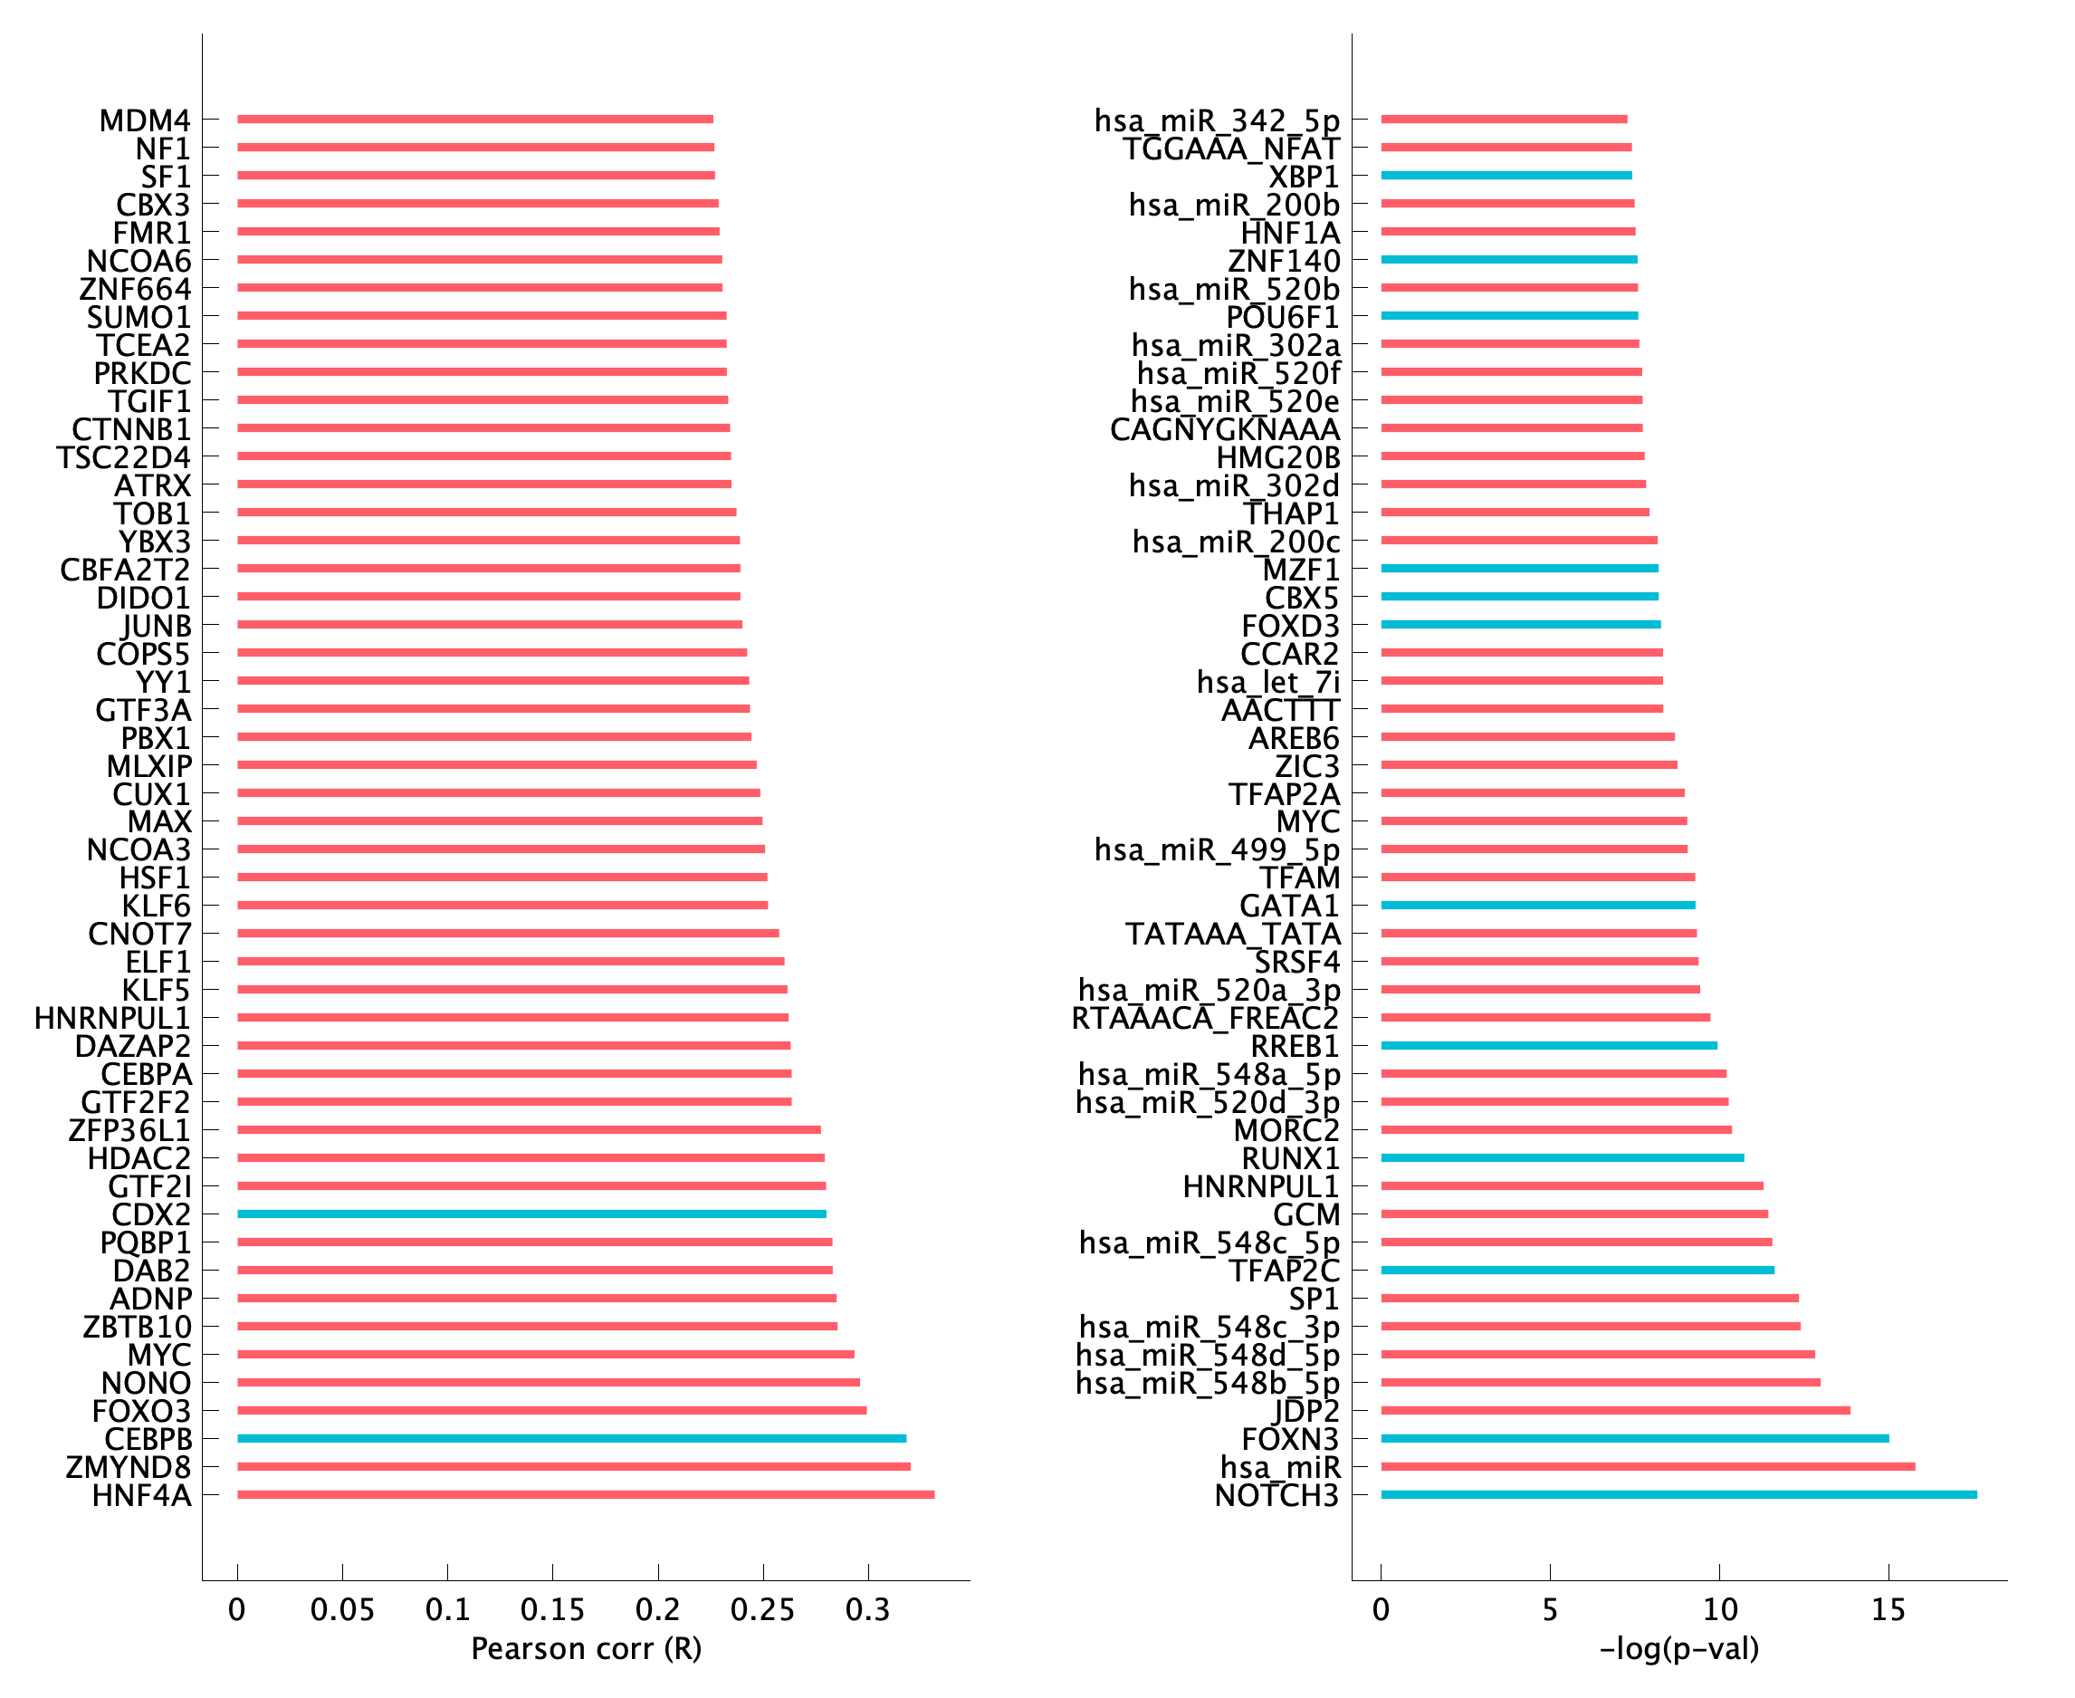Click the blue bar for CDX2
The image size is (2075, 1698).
[531, 1214]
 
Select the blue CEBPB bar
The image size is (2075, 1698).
[571, 1439]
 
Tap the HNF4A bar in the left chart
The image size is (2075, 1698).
[585, 1494]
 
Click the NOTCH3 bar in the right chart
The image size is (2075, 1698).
[1678, 1494]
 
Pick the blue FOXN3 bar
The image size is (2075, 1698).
[1634, 1439]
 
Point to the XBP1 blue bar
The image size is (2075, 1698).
[1506, 176]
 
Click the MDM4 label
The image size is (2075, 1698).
[145, 120]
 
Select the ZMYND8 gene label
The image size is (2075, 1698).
[128, 1467]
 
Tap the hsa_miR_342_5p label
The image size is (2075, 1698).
[1217, 120]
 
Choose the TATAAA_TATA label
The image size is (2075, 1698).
[1232, 934]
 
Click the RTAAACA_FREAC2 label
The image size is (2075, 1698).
[1205, 1018]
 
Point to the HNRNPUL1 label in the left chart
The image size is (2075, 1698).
[112, 1018]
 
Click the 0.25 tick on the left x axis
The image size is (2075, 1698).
[762, 1609]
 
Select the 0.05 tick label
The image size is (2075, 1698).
[342, 1609]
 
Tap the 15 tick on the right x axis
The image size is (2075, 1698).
[1888, 1609]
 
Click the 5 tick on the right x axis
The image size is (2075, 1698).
[1550, 1609]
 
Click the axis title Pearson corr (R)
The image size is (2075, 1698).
[586, 1649]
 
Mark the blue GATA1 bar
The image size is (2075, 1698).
[1537, 906]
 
